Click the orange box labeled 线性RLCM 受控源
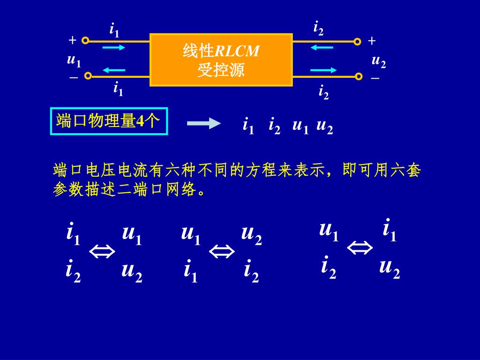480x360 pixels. point(221,60)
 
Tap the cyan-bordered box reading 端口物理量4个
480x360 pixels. point(108,121)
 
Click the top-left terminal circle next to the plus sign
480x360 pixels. point(85,41)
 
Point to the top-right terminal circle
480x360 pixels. point(357,42)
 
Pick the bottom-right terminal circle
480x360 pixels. point(359,76)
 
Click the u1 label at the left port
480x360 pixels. point(74,60)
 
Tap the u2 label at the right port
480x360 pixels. point(378,61)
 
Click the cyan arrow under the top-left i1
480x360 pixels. point(113,47)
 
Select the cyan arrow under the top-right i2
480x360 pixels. point(322,47)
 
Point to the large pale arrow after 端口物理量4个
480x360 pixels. point(203,124)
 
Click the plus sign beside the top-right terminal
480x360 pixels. point(372,41)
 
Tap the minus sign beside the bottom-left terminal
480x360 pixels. point(74,77)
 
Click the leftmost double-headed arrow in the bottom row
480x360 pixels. point(102,253)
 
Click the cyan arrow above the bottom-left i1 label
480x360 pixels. point(114,70)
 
